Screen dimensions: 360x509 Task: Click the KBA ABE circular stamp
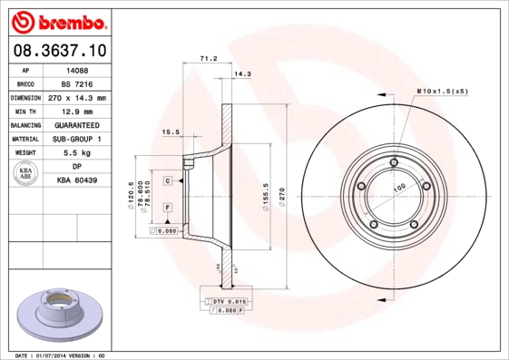(27, 174)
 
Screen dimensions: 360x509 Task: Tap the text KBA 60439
(76, 181)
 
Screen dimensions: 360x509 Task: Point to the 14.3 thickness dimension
(242, 73)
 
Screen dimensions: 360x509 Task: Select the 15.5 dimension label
(169, 132)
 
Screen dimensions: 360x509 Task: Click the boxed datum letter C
(168, 181)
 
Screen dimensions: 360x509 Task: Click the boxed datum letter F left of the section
(168, 209)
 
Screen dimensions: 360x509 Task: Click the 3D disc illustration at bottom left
(57, 313)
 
